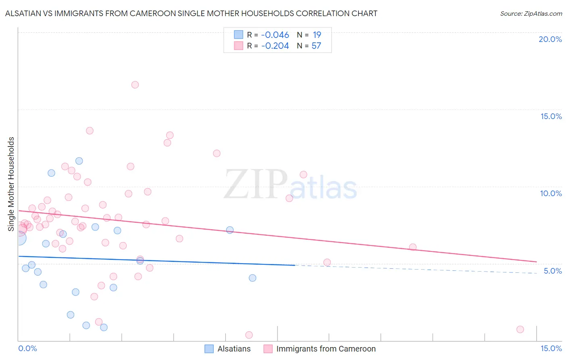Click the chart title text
pos(191,13)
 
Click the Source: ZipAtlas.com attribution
pos(531,13)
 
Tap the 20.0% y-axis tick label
pos(550,39)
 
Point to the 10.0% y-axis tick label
pos(550,193)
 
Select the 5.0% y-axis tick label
pos(552,271)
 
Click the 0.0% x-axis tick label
pos(27,348)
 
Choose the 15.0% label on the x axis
pos(551,348)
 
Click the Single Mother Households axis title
pos(11,184)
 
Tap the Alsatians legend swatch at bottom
pos(209,349)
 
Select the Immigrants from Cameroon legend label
pos(326,349)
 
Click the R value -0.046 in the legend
pos(275,35)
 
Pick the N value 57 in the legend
pos(316,46)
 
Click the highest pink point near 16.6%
pos(135,85)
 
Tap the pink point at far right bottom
pos(520,329)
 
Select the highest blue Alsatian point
pos(79,161)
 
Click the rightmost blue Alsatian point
pos(252,278)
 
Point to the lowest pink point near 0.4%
pos(249,335)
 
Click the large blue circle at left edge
pos(19,238)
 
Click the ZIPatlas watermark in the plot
pos(290,185)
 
